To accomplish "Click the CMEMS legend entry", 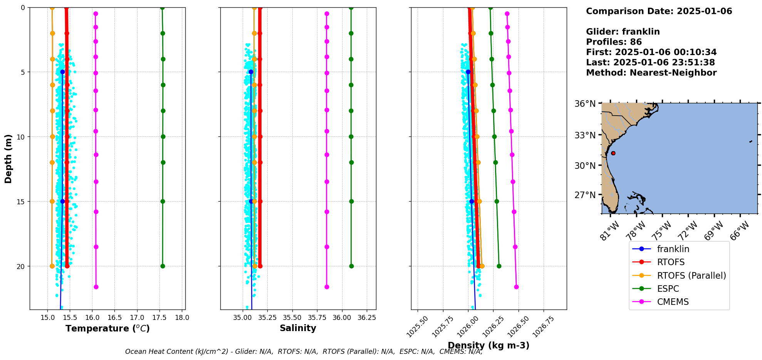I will click(673, 302).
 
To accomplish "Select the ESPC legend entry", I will click(668, 289).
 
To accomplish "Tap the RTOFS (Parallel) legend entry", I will click(691, 276).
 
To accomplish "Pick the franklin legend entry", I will click(673, 249).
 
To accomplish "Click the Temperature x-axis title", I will click(107, 328).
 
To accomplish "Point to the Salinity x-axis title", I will click(298, 328).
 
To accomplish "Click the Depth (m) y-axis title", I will click(8, 158).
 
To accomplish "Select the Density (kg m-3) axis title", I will click(488, 345).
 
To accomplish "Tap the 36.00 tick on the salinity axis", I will click(342, 318).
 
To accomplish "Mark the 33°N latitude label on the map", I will click(585, 135).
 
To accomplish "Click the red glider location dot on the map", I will click(613, 153).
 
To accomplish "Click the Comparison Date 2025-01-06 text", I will click(659, 11).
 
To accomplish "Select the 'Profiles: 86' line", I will click(614, 42).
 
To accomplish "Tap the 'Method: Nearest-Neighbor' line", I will click(651, 73).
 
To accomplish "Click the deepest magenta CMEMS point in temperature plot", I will click(96, 287).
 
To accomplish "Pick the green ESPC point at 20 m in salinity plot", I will click(351, 266).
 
